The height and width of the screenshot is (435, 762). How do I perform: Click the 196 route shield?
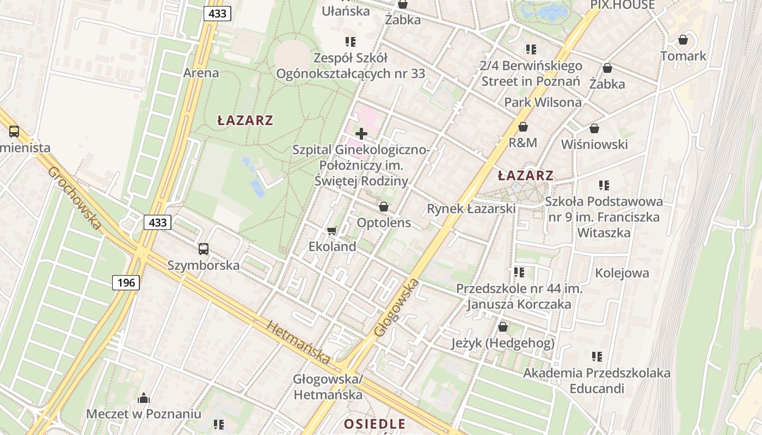click(x=126, y=283)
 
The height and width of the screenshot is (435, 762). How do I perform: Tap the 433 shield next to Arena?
click(x=217, y=14)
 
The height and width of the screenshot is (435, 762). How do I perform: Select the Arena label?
click(x=201, y=73)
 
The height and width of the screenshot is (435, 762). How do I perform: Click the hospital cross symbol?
click(x=361, y=133)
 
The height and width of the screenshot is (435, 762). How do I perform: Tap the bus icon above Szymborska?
click(x=203, y=249)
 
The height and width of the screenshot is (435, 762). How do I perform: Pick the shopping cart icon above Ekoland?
click(x=332, y=231)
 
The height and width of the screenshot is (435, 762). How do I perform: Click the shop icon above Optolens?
click(x=384, y=207)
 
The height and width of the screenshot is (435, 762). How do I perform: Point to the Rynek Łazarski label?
click(x=471, y=209)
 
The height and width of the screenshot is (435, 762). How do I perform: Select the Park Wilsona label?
click(x=543, y=102)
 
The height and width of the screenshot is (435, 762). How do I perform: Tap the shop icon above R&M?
click(x=523, y=127)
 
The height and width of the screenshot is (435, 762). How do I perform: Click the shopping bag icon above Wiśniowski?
click(x=594, y=128)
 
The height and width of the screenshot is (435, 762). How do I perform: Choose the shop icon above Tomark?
click(x=683, y=40)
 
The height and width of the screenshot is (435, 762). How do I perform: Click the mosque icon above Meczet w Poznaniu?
click(x=144, y=399)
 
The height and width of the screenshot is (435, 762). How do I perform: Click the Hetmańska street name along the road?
click(x=298, y=341)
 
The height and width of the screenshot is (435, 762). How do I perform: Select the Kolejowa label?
click(x=622, y=273)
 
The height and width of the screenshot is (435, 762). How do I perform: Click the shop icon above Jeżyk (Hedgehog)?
click(x=503, y=327)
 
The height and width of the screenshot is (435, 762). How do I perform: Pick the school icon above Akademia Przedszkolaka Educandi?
click(x=597, y=357)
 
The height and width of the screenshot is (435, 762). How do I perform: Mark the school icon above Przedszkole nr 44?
click(x=519, y=271)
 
